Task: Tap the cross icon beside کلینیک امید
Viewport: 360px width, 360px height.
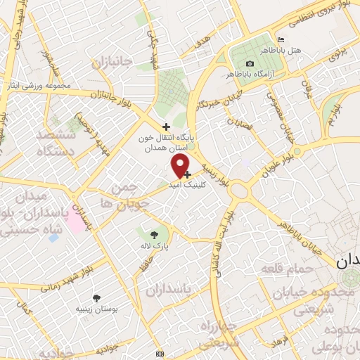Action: point(187,173)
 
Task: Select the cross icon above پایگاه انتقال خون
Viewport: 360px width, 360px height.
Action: point(166,126)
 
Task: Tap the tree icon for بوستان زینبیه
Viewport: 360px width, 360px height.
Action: point(96,298)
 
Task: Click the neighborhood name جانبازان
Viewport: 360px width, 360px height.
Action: point(112,63)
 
